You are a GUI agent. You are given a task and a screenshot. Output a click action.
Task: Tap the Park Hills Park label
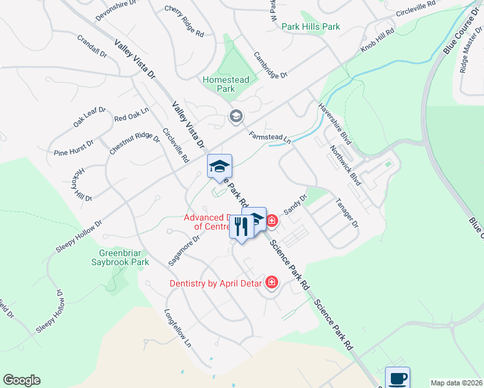click(310, 27)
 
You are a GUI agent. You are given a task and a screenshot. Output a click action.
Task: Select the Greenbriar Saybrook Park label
click(124, 257)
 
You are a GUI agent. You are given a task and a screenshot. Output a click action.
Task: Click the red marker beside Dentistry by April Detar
click(271, 283)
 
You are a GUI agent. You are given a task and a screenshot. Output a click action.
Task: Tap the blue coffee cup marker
click(397, 378)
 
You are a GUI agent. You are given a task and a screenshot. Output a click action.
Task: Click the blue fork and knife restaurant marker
click(241, 227)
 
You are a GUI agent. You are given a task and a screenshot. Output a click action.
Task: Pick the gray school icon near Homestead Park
click(236, 116)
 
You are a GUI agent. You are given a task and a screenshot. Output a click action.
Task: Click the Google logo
click(21, 380)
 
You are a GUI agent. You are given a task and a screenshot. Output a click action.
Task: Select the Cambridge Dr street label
click(270, 65)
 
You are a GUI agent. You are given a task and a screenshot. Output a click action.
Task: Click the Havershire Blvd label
click(335, 125)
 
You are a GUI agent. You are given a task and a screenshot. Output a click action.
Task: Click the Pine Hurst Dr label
click(74, 148)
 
